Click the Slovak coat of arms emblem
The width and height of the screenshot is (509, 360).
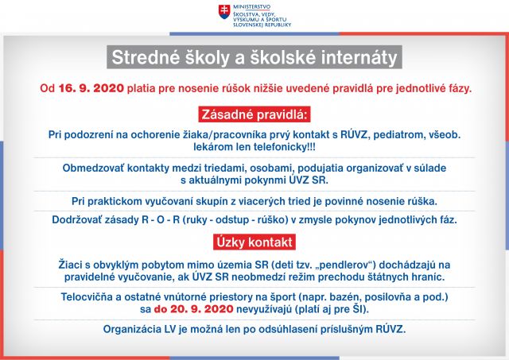point(224,12)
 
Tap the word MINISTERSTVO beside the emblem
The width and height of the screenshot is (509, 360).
point(251,7)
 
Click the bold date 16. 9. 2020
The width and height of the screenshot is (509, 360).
point(91,88)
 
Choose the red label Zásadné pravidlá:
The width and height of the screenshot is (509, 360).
point(254,114)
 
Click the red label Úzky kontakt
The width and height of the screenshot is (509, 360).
point(254,242)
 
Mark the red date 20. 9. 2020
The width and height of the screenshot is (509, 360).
point(201,309)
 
